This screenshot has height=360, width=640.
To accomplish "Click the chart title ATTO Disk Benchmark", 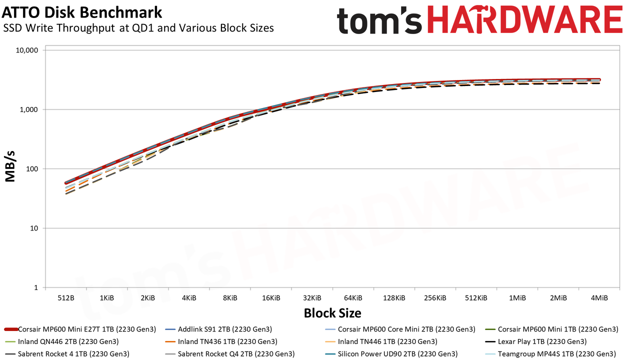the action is [x=82, y=12].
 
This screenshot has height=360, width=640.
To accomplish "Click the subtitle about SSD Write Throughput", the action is [x=138, y=28].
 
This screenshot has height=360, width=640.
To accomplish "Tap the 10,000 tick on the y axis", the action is [x=26, y=50].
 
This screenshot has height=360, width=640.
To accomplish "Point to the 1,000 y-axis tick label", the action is [x=28, y=109].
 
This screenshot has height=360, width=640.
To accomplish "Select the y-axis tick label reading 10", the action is [x=34, y=228].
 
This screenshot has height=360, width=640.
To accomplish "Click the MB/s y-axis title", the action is [x=10, y=166].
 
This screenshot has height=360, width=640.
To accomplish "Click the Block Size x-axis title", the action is [x=332, y=313].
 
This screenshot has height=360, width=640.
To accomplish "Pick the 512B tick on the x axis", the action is [x=66, y=298].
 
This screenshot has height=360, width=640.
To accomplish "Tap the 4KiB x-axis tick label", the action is [x=189, y=298].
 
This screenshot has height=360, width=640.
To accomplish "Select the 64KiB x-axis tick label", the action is [x=353, y=298].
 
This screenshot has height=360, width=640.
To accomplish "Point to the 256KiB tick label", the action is [x=435, y=298].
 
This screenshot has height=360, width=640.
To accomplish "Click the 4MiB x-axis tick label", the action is [x=599, y=298].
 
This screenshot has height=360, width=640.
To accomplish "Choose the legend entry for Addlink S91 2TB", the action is [x=218, y=329].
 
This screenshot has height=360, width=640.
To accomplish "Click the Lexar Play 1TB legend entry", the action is [x=535, y=341].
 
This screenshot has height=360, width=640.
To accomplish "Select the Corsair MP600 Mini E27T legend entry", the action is [x=80, y=329].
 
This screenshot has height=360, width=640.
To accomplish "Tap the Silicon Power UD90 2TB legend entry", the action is [x=391, y=354].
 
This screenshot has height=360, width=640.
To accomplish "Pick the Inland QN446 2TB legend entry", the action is [x=61, y=341].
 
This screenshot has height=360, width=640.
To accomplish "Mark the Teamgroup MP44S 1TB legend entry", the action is [x=550, y=354].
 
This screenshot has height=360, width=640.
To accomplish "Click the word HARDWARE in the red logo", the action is [x=525, y=20].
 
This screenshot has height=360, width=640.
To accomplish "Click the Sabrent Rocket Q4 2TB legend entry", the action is [x=229, y=354].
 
